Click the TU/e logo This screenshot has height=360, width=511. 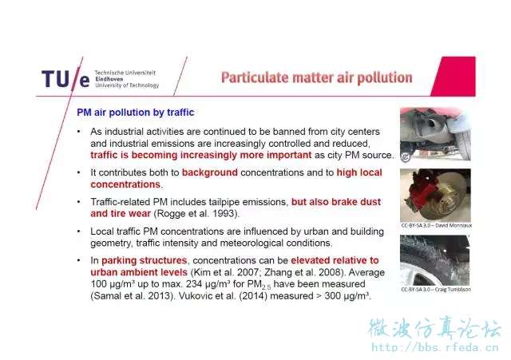pos(65,79)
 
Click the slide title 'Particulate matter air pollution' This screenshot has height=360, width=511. pos(316,78)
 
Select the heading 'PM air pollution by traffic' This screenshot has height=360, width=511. pos(136,113)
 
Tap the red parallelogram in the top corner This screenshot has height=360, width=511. pos(454,77)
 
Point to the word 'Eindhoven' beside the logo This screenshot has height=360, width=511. pos(109,79)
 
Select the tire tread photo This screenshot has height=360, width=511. pos(434,260)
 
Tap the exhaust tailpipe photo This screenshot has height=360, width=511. pos(435,134)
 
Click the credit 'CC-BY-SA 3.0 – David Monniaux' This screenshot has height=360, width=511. pos(437,225)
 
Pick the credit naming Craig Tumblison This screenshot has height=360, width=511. pos(436,289)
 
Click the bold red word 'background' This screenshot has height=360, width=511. pos(209,172)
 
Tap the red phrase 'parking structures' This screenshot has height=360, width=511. pos(144,261)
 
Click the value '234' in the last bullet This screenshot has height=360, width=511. pos(194,283)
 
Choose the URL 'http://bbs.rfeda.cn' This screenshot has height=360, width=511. pos(435,347)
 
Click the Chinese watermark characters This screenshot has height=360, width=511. pos(434,328)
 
